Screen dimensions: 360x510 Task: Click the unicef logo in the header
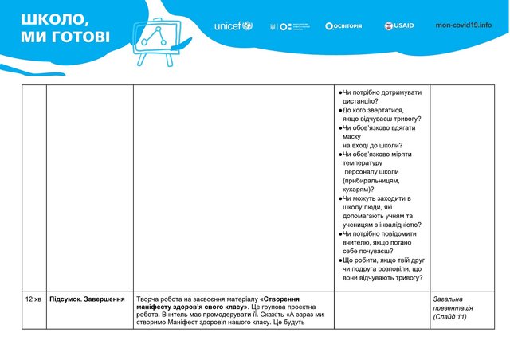click(x=233, y=26)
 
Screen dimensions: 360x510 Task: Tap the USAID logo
click(x=399, y=25)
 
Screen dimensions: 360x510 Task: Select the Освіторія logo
click(x=343, y=25)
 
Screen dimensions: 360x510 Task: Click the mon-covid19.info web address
click(x=464, y=25)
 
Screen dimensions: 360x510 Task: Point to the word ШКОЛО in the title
click(x=49, y=19)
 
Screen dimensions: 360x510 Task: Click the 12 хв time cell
click(x=33, y=299)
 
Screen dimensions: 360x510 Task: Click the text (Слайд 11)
click(x=451, y=317)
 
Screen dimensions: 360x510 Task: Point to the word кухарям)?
click(x=359, y=190)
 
